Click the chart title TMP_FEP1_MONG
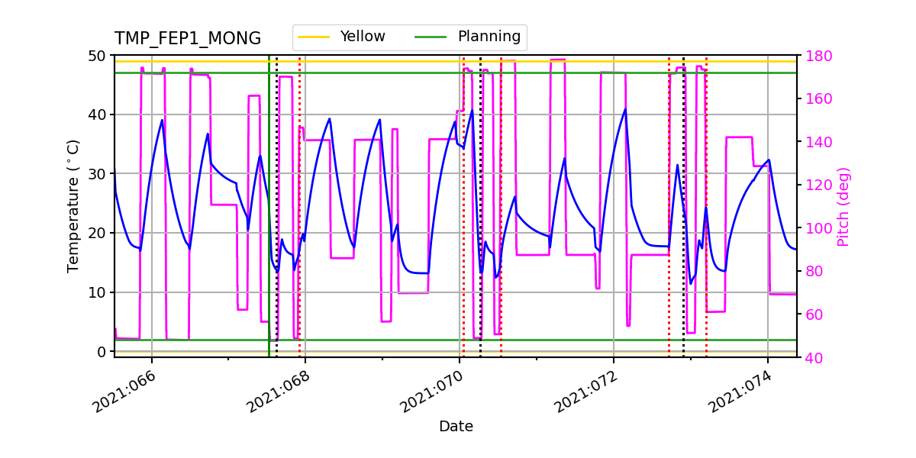click(188, 39)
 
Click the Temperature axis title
click(73, 205)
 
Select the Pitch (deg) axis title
click(843, 206)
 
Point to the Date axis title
click(456, 427)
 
